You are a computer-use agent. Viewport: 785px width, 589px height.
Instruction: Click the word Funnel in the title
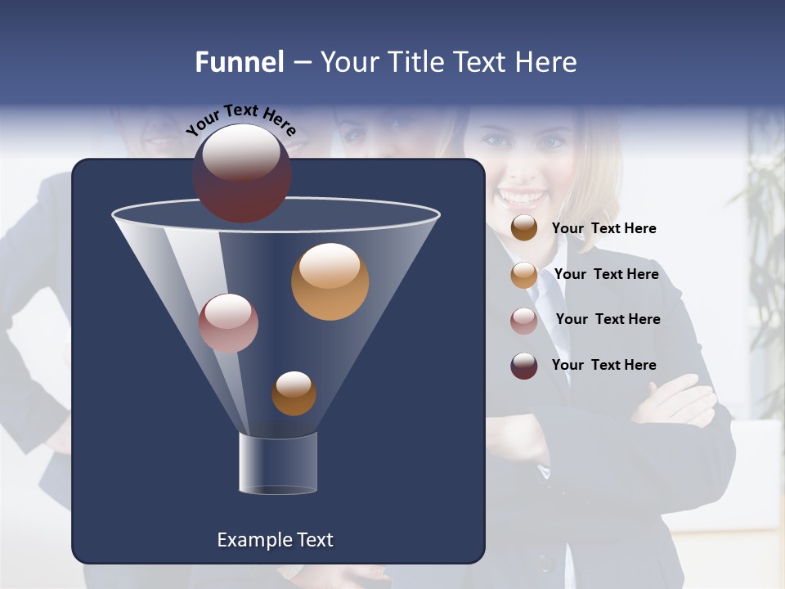[240, 62]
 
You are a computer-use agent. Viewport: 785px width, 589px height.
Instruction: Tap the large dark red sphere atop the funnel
[241, 173]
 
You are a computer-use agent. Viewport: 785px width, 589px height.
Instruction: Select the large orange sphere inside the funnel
[330, 281]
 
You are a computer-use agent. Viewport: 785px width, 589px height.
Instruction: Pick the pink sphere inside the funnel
[228, 323]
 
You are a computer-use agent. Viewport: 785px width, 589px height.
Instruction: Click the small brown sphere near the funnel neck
[294, 393]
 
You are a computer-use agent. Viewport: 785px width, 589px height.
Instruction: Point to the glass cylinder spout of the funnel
[278, 463]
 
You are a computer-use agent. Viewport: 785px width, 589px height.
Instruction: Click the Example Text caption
[275, 540]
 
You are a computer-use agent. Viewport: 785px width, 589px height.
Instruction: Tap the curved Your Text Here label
[241, 119]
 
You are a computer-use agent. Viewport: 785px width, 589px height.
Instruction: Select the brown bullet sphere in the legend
[524, 228]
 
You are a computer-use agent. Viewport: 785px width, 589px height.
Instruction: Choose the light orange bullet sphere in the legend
[524, 275]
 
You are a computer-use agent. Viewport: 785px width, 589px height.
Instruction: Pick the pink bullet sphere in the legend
[524, 321]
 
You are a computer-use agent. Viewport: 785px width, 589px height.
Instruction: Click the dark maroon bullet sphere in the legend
[524, 366]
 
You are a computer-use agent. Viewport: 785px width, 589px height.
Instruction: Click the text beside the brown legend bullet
[603, 229]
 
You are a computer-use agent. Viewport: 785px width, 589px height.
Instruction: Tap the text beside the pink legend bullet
[608, 319]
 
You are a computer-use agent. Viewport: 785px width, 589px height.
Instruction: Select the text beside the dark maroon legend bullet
[603, 365]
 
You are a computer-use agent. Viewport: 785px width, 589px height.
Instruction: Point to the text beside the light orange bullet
[606, 274]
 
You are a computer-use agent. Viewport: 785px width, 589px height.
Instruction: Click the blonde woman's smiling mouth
[522, 197]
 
